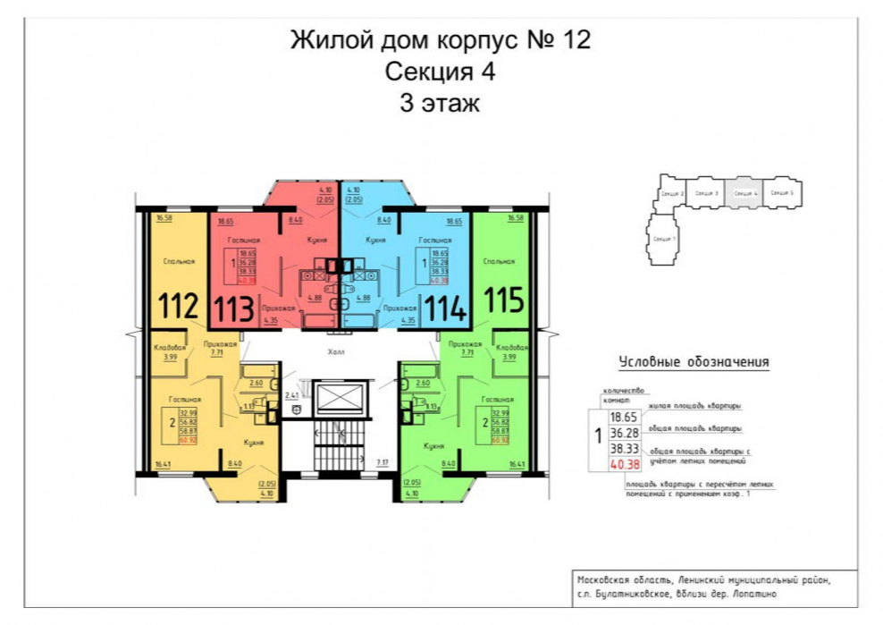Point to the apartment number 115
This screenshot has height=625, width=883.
pos(503,300)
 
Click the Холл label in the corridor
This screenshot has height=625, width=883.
pos(336,352)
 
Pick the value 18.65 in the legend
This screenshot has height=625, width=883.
pos(623,417)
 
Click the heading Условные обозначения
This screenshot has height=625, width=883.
pos(694,363)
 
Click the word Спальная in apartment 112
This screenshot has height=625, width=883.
pos(175,262)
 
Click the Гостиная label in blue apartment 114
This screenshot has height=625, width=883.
pos(435,241)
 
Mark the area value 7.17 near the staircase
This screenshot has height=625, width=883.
pos(382,462)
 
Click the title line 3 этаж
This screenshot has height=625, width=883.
pos(440,103)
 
